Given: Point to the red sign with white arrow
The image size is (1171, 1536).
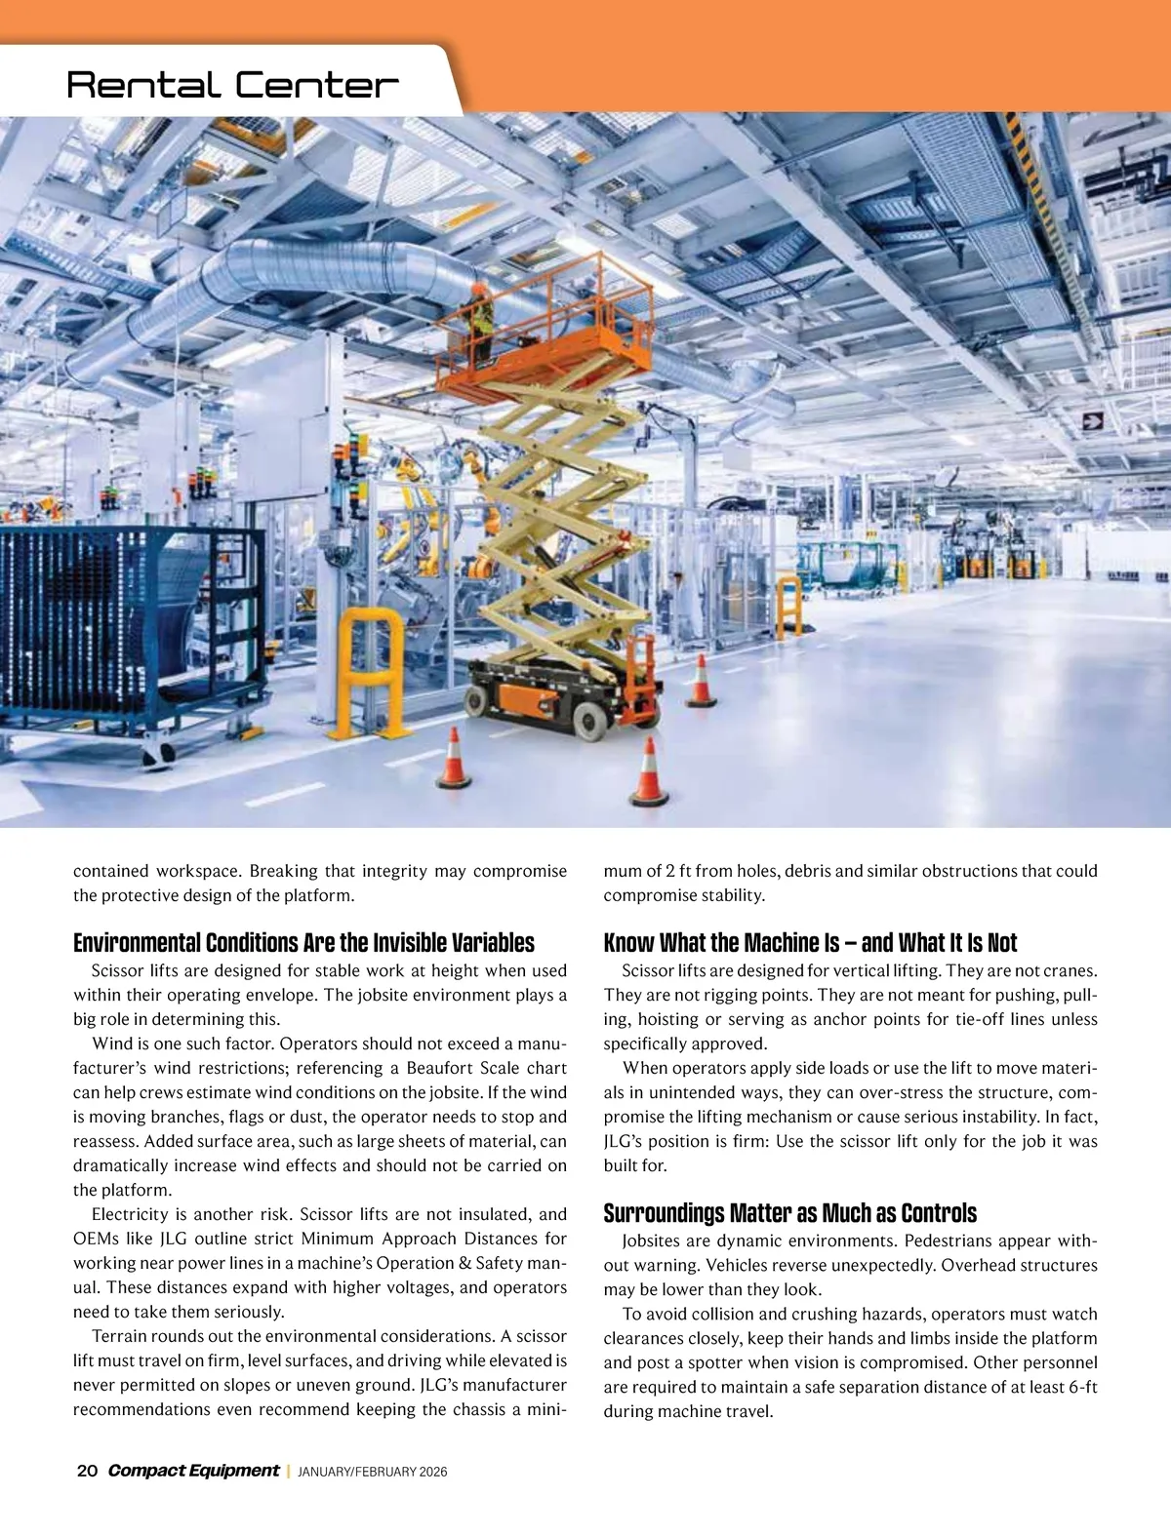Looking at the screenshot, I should [1092, 420].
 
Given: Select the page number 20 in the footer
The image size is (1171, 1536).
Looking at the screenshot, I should [86, 1471].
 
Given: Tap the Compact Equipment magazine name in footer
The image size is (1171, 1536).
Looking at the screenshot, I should [193, 1471].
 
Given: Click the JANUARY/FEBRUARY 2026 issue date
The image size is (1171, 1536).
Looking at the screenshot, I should [372, 1472].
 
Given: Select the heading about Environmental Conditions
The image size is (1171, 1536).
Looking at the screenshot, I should [303, 943].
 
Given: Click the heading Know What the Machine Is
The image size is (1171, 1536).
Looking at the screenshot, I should [810, 943].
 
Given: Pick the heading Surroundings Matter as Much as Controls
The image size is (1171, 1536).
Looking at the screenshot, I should [789, 1213].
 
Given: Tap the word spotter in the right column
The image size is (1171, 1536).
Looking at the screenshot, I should [725, 1363].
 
